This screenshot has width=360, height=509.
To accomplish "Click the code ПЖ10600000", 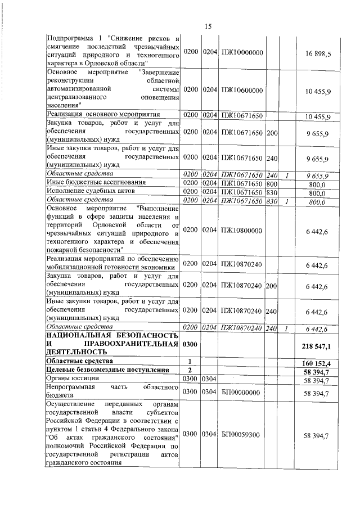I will (x=241, y=90).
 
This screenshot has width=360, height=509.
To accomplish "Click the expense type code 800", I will (x=272, y=183).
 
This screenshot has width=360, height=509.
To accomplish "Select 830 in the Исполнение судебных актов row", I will (x=272, y=192).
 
